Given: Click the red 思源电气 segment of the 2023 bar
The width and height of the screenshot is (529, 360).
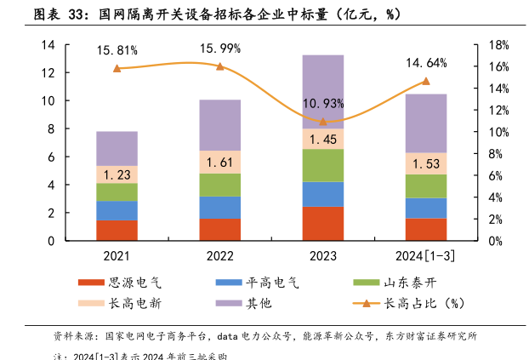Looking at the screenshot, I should click(x=323, y=224).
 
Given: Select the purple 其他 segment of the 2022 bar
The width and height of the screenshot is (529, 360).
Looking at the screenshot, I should click(x=220, y=125).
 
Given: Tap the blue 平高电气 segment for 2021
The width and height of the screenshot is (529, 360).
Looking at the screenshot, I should click(x=117, y=210).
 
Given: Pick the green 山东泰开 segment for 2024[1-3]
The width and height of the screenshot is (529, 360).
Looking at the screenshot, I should click(x=426, y=186).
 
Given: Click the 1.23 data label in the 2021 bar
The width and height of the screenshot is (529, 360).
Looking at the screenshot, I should click(x=117, y=174).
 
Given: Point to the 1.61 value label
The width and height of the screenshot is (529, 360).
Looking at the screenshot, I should click(x=220, y=163).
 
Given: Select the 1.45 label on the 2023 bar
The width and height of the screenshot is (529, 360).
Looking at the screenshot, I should click(x=323, y=139).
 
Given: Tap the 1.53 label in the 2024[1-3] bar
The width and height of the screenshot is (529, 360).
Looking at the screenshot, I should click(x=426, y=163).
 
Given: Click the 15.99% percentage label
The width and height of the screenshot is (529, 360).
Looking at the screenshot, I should click(x=220, y=48).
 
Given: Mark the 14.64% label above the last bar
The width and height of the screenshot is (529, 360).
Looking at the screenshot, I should click(x=426, y=63).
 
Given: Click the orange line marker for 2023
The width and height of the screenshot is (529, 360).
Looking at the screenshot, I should click(x=323, y=122).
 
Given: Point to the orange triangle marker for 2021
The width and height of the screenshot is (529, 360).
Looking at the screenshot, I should click(x=117, y=68).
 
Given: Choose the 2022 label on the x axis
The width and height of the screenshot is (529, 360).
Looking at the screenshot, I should click(x=220, y=255).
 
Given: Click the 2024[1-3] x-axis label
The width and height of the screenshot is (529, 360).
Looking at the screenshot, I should click(x=426, y=255).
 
